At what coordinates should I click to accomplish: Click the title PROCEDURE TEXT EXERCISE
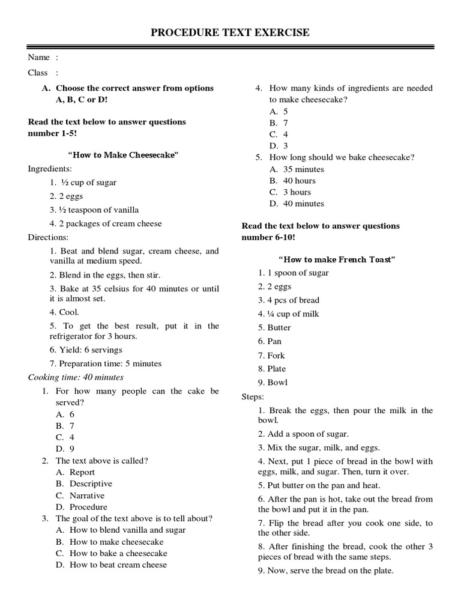click(230, 32)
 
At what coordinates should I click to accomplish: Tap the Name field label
click(39, 58)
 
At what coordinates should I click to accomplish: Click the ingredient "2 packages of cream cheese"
click(106, 223)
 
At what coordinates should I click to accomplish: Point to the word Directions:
click(48, 237)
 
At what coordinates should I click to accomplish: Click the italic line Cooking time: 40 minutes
click(76, 377)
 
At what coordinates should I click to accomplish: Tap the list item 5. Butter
click(274, 327)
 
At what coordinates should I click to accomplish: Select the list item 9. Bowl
click(273, 383)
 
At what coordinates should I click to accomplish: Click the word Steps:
click(252, 396)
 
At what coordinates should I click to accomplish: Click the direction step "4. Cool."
click(64, 312)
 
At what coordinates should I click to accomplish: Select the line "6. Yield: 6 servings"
click(86, 350)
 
